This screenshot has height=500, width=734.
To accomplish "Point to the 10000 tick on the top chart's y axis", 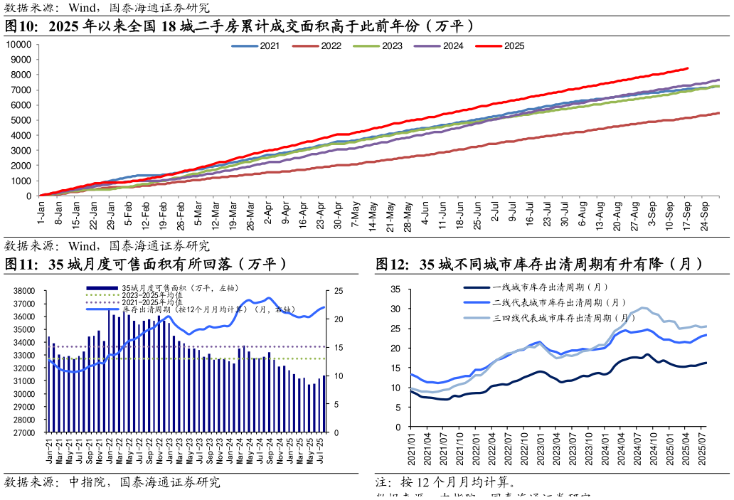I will coord(18,44).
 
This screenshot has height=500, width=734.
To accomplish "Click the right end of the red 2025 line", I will coord(688,68).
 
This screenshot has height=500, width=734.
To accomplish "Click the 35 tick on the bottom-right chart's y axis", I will coord(398,289).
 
